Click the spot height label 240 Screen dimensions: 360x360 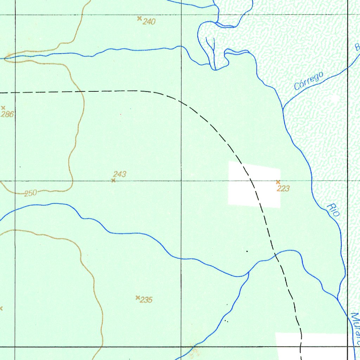pyautogui.click(x=149, y=22)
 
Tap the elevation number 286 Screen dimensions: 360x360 pyautogui.click(x=7, y=114)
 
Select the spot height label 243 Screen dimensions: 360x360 pyautogui.click(x=120, y=174)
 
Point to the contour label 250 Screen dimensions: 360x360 pyautogui.click(x=31, y=193)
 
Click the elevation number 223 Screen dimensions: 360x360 pyautogui.click(x=283, y=189)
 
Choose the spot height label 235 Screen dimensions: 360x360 pyautogui.click(x=146, y=300)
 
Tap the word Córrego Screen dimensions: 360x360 pyautogui.click(x=309, y=81)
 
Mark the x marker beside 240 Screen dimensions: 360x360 pyautogui.click(x=139, y=18)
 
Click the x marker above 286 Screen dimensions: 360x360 pyautogui.click(x=3, y=108)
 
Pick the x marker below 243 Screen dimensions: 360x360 pyautogui.click(x=113, y=180)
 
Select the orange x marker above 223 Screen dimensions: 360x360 pyautogui.click(x=278, y=182)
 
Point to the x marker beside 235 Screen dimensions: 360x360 pyautogui.click(x=137, y=297)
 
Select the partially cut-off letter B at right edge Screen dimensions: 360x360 pyautogui.click(x=358, y=47)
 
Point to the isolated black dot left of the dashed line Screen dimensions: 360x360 pyautogui.click(x=247, y=251)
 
